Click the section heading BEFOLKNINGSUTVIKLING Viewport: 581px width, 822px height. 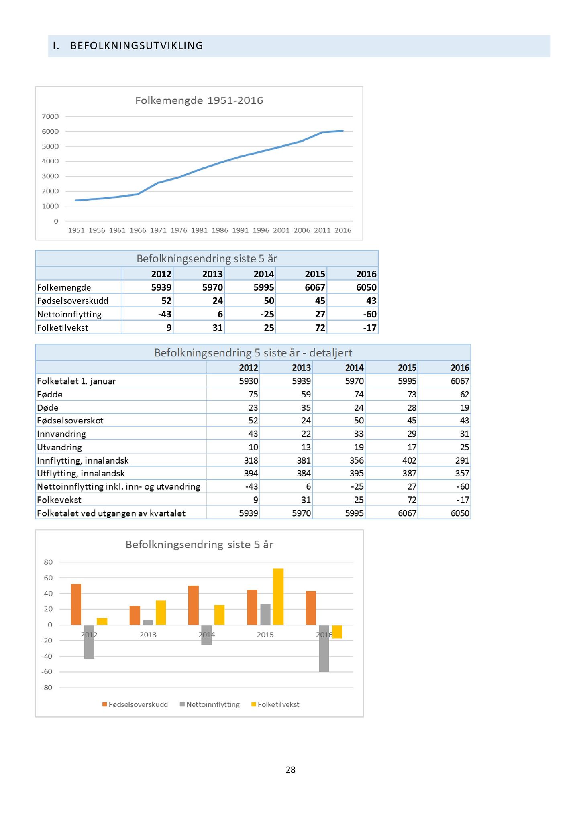pos(137,46)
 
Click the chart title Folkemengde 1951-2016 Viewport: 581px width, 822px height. pos(199,100)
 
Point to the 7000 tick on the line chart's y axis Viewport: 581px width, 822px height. pos(50,116)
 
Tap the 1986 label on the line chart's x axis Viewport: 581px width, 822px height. pos(220,230)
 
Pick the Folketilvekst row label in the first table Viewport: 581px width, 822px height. pos(63,328)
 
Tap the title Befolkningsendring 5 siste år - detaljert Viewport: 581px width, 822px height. pos(253,353)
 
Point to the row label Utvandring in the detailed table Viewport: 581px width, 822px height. pos(59,447)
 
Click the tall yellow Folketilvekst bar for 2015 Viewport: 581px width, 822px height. pos(278,597)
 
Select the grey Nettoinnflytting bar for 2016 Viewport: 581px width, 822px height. pos(324,649)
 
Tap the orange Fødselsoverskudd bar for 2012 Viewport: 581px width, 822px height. pos(76,604)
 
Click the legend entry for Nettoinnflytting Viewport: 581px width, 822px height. pos(210,704)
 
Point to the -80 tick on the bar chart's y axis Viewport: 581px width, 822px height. pos(47,688)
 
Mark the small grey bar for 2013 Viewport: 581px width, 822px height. pos(148,623)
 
